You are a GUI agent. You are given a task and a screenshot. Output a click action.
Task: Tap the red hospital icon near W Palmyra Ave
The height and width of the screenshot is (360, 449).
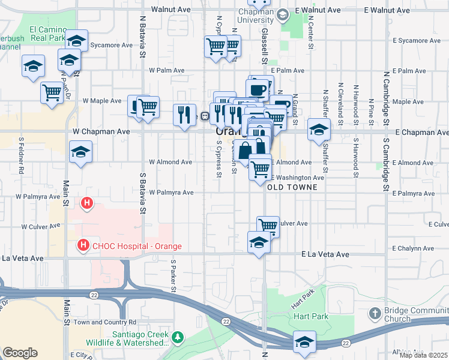pos(88,204)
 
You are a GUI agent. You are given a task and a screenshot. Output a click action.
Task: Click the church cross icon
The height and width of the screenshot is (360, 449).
pos(375,313)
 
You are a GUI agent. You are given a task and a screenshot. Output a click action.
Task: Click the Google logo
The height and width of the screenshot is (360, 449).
pos(20,353)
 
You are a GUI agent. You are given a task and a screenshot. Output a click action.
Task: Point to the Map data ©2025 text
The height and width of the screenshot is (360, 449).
pos(424,355)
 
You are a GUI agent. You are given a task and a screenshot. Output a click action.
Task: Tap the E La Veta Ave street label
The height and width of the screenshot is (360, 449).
pos(325,255)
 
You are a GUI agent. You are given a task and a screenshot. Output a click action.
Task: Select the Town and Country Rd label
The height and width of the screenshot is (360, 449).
pos(98,322)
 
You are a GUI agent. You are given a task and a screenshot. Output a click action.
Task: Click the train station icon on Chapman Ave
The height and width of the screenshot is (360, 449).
pos(205,115)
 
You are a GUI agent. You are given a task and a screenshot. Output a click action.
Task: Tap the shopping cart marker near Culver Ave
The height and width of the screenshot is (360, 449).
pos(268,226)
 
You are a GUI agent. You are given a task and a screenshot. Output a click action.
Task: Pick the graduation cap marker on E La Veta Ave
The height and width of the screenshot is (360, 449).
pos(258,242)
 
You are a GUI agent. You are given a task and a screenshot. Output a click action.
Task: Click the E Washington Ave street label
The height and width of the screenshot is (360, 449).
pos(299,178)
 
